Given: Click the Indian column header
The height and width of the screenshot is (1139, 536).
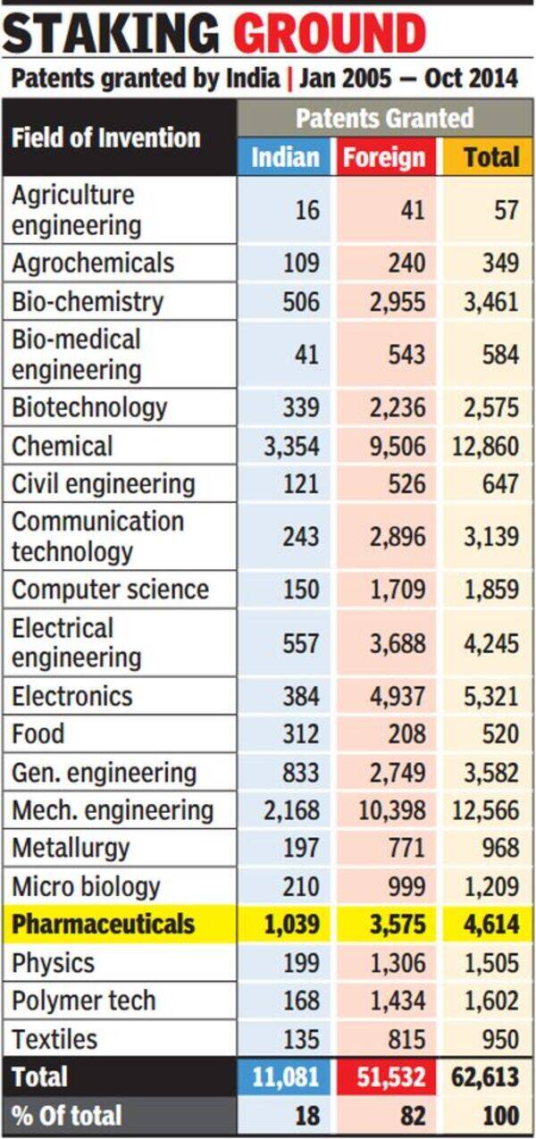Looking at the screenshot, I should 285,157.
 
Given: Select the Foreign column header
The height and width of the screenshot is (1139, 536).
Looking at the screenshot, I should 384,158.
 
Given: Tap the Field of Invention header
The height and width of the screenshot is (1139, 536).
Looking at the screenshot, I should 105,138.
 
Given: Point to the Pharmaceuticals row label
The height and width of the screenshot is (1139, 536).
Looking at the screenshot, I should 103,924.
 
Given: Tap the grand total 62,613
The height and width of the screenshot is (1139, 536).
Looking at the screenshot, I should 485,1077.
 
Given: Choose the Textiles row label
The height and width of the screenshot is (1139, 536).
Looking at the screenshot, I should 54,1039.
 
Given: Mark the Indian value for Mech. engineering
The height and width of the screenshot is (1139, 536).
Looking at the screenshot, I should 290,810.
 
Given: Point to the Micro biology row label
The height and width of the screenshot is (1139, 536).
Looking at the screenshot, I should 86,887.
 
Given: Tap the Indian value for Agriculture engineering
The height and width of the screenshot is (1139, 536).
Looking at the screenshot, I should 305,210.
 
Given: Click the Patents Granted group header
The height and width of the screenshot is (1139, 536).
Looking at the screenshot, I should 384,118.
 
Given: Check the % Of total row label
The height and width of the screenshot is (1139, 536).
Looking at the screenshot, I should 67,1116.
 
